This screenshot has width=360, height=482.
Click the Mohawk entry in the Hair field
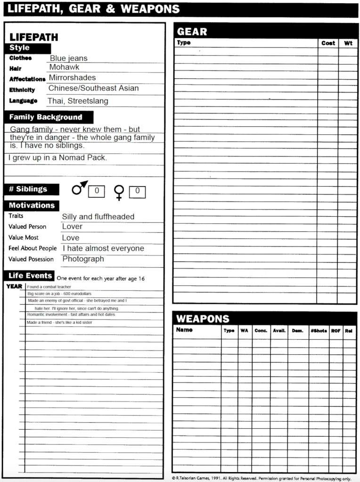(x=65, y=67)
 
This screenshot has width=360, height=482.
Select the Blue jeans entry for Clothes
(x=69, y=58)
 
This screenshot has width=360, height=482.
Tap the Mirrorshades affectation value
(x=72, y=78)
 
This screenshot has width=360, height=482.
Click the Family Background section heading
(x=46, y=117)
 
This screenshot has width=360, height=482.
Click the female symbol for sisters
(x=120, y=192)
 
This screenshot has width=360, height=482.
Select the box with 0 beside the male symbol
(x=97, y=191)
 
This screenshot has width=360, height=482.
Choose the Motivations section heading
(x=32, y=205)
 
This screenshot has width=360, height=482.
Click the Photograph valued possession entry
(x=83, y=259)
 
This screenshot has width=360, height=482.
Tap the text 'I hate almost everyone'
(x=103, y=248)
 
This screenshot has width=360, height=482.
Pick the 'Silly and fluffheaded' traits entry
(x=98, y=217)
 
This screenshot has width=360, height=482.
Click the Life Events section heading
(x=30, y=276)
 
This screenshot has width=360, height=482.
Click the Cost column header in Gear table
(x=328, y=43)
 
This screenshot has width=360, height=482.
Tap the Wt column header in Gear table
(x=348, y=43)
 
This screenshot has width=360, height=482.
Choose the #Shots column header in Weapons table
(x=319, y=331)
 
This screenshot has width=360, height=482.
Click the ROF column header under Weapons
(x=335, y=331)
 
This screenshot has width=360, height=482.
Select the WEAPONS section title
(x=203, y=319)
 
